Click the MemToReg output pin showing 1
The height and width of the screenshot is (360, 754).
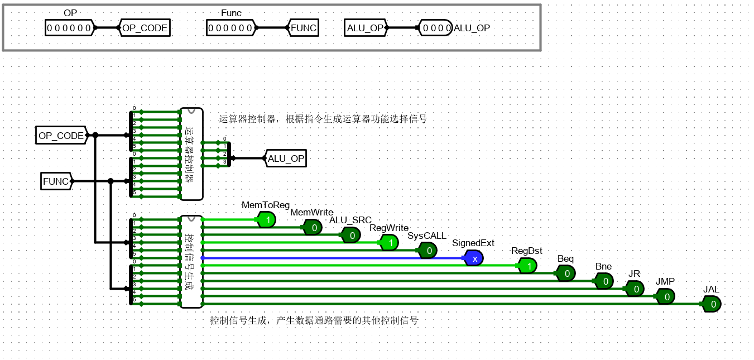tap(267, 220)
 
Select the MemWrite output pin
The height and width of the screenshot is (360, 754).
tap(313, 227)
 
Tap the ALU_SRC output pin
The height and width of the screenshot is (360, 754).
tap(351, 236)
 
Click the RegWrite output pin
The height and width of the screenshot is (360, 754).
tap(390, 243)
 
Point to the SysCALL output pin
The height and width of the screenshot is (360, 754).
tap(428, 251)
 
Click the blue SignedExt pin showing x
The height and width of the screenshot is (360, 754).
tap(473, 258)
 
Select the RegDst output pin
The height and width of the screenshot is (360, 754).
tap(527, 266)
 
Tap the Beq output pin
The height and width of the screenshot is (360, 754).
tap(566, 273)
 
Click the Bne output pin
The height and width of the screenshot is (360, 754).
tap(604, 281)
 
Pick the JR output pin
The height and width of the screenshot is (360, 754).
tap(635, 289)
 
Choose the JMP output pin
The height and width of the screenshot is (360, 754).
tap(665, 297)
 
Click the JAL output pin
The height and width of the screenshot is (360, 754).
tap(712, 304)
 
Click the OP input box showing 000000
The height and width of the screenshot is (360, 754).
tap(69, 27)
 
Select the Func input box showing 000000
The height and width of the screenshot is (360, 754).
tap(229, 27)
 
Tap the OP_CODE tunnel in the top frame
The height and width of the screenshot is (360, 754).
tap(144, 28)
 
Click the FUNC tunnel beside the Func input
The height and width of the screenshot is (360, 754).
tap(303, 28)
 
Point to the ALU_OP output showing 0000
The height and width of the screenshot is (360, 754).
tap(435, 28)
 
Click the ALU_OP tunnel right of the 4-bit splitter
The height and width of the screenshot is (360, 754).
tap(285, 159)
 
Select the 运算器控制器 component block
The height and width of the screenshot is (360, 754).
tap(191, 154)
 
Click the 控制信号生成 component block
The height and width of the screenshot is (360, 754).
tap(191, 262)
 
